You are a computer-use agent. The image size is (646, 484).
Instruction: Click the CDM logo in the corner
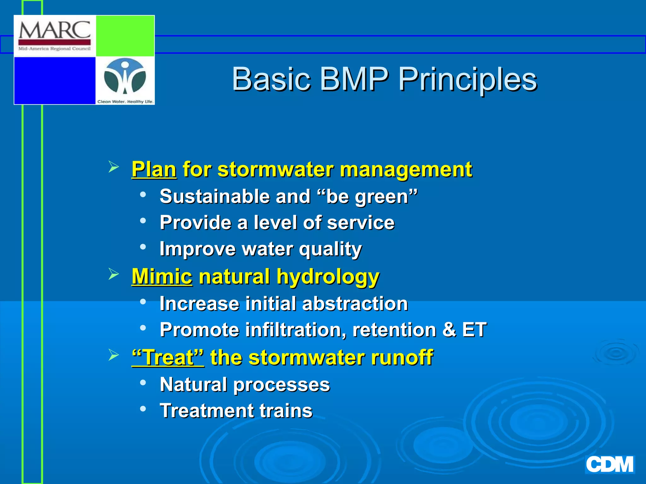pos(609,464)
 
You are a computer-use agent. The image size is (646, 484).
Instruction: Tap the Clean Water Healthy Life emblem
pos(125,77)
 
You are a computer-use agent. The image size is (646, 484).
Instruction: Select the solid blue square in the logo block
pos(55,80)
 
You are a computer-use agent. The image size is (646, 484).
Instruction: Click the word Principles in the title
pos(467,79)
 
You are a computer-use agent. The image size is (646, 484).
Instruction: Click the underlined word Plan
pos(154,169)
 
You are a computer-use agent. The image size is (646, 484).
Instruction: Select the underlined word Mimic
pos(162,276)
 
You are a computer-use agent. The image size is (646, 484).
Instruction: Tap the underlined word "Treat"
pos(168,357)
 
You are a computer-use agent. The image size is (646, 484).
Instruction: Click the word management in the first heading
pos(406,169)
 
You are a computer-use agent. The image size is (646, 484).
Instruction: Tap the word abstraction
pos(355,303)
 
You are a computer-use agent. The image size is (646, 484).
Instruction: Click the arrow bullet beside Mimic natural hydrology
pos(114,274)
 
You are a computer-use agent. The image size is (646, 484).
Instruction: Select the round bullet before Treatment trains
pos(143,409)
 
